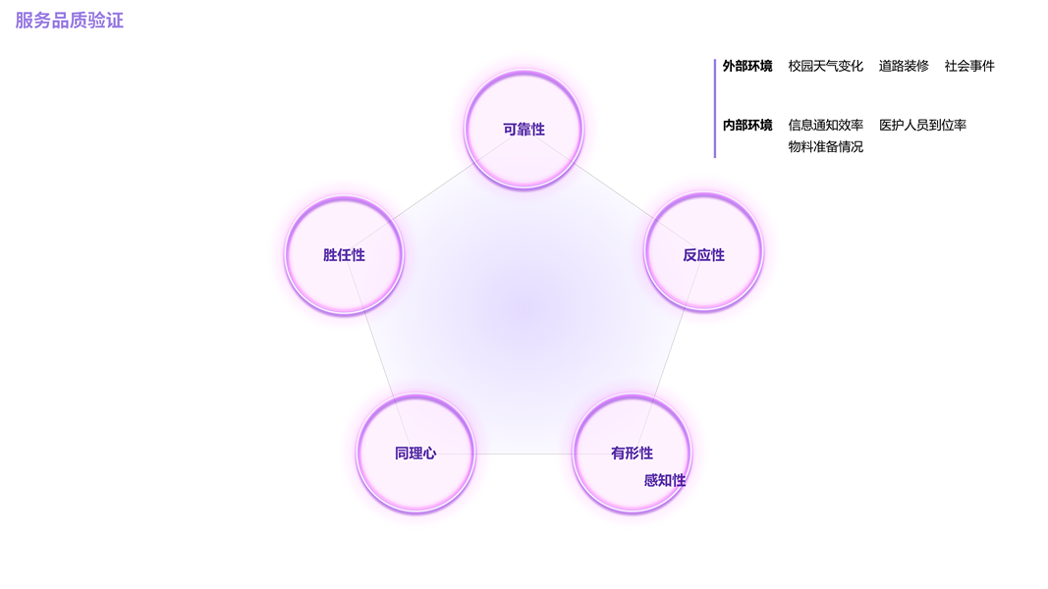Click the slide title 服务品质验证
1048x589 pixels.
click(69, 21)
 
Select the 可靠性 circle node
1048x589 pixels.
click(524, 130)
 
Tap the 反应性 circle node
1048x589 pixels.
click(703, 254)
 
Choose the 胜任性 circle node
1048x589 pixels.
click(344, 255)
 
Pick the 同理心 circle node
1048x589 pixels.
click(415, 454)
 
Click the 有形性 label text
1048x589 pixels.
click(632, 454)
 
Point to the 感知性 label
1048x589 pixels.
click(665, 481)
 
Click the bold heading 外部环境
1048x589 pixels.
click(747, 67)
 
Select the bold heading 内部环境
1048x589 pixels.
click(747, 126)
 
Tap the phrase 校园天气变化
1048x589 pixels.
click(825, 67)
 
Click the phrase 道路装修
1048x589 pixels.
click(904, 67)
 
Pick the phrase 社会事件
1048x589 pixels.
click(969, 67)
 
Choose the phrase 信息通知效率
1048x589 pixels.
click(825, 126)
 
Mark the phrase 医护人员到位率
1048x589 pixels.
click(922, 126)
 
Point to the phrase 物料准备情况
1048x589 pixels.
click(825, 147)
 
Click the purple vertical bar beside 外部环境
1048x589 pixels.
click(715, 108)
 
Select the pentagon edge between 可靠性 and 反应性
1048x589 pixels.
click(614, 192)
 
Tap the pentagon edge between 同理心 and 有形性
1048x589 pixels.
click(524, 454)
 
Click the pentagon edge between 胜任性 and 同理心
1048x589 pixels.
click(379, 354)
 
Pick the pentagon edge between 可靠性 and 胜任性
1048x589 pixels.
click(434, 192)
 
